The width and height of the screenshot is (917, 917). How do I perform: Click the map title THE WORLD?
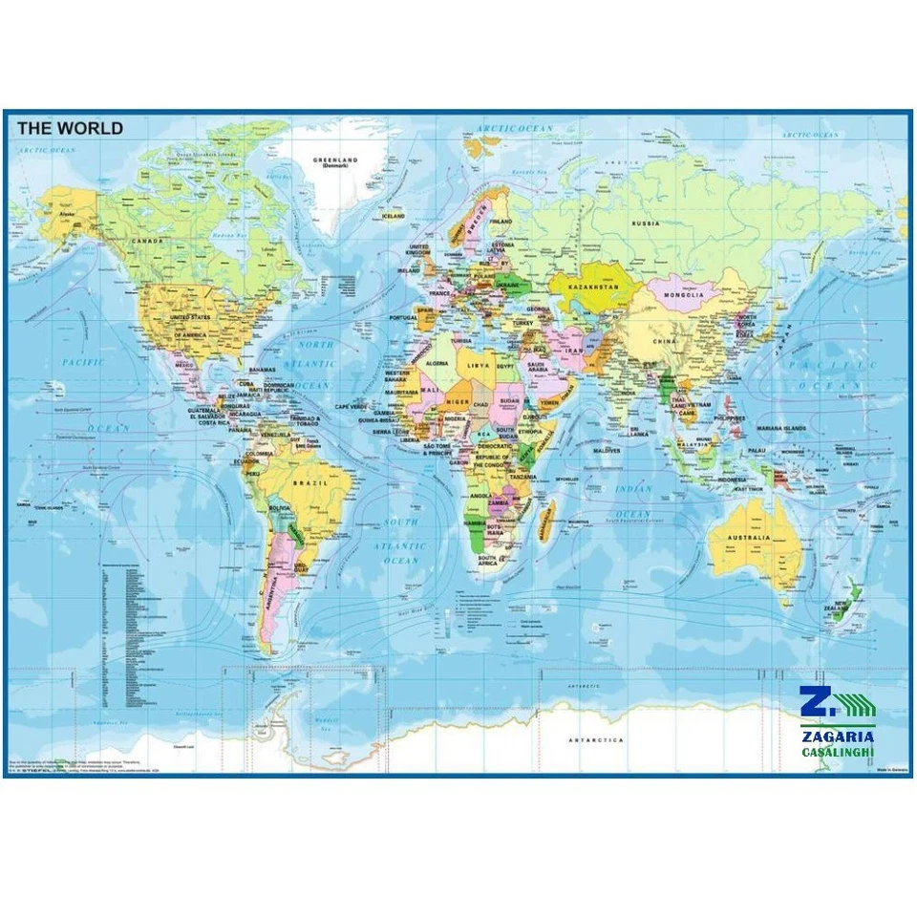pos(70,128)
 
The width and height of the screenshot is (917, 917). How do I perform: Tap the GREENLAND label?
pos(334,161)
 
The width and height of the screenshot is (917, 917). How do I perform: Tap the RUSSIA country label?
pos(646,224)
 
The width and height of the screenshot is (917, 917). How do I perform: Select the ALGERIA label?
pos(442,363)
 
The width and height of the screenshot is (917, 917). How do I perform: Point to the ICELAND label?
pos(394,216)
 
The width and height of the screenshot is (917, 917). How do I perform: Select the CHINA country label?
pos(665,340)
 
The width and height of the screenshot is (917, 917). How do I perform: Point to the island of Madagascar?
pos(547,522)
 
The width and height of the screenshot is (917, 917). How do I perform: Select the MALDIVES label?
pos(606,450)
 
